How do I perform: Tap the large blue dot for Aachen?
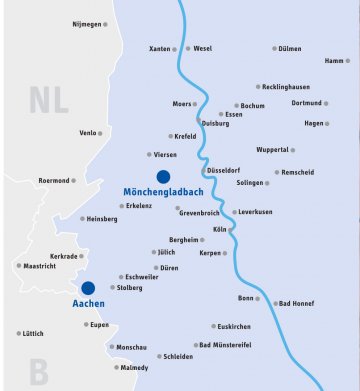coord(88,288)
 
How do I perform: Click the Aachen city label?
coord(89,303)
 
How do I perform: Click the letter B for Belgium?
coord(38,373)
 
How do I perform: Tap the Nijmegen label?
coord(89,23)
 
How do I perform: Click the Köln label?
coord(220,230)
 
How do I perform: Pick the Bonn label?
coord(246,298)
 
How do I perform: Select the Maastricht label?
coord(39,266)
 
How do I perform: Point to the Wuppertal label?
coord(272,150)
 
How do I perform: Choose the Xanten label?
coord(160,48)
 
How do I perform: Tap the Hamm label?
coord(335,61)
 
